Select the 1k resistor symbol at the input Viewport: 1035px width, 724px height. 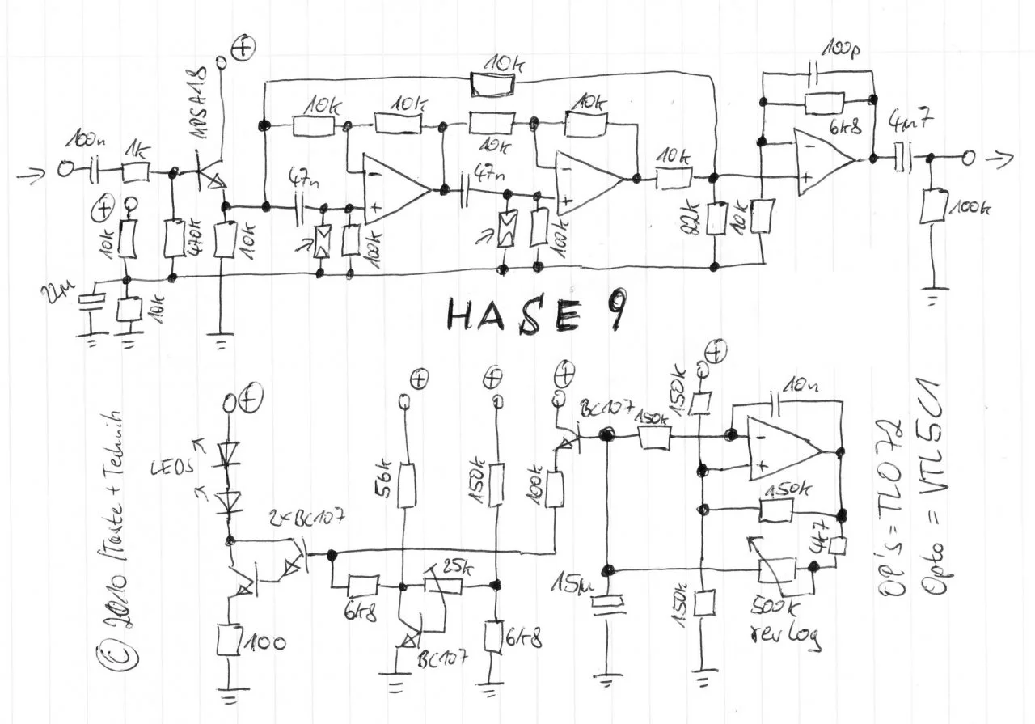pyautogui.click(x=136, y=171)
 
